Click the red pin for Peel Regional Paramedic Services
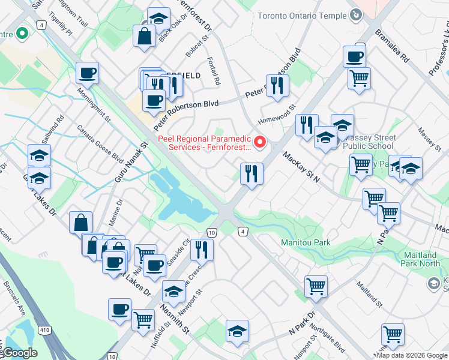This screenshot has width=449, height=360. (x=260, y=142)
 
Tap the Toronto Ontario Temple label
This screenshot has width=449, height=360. (x=301, y=16)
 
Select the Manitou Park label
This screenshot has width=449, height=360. (x=306, y=243)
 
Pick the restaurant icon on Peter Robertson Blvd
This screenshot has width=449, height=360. (x=277, y=85)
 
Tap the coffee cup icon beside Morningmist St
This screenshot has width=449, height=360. (x=87, y=73)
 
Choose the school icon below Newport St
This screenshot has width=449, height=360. (x=237, y=331)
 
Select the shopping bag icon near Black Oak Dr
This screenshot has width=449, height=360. (x=145, y=35)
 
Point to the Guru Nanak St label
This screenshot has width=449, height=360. (x=130, y=163)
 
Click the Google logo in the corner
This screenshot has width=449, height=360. (x=19, y=353)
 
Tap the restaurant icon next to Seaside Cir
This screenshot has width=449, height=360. (x=202, y=249)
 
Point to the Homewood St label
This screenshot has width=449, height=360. (x=277, y=115)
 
